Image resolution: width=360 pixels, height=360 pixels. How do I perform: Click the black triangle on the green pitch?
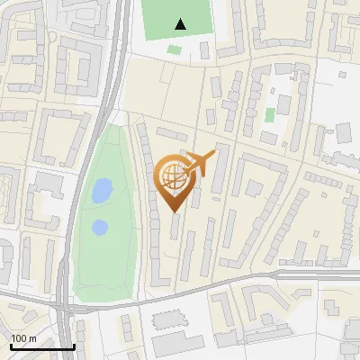pyautogui.click(x=181, y=24)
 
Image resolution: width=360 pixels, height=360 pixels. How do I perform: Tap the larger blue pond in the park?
pyautogui.click(x=102, y=190)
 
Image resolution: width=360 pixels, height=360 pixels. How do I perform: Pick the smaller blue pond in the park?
pyautogui.click(x=100, y=227)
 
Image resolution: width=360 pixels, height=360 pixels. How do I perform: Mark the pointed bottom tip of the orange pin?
pyautogui.click(x=175, y=212)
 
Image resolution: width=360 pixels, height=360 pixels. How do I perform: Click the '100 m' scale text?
pyautogui.click(x=24, y=338)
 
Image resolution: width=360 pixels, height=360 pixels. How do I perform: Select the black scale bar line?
pyautogui.click(x=42, y=346)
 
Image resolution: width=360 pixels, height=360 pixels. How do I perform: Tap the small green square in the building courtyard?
pyautogui.click(x=270, y=114)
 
